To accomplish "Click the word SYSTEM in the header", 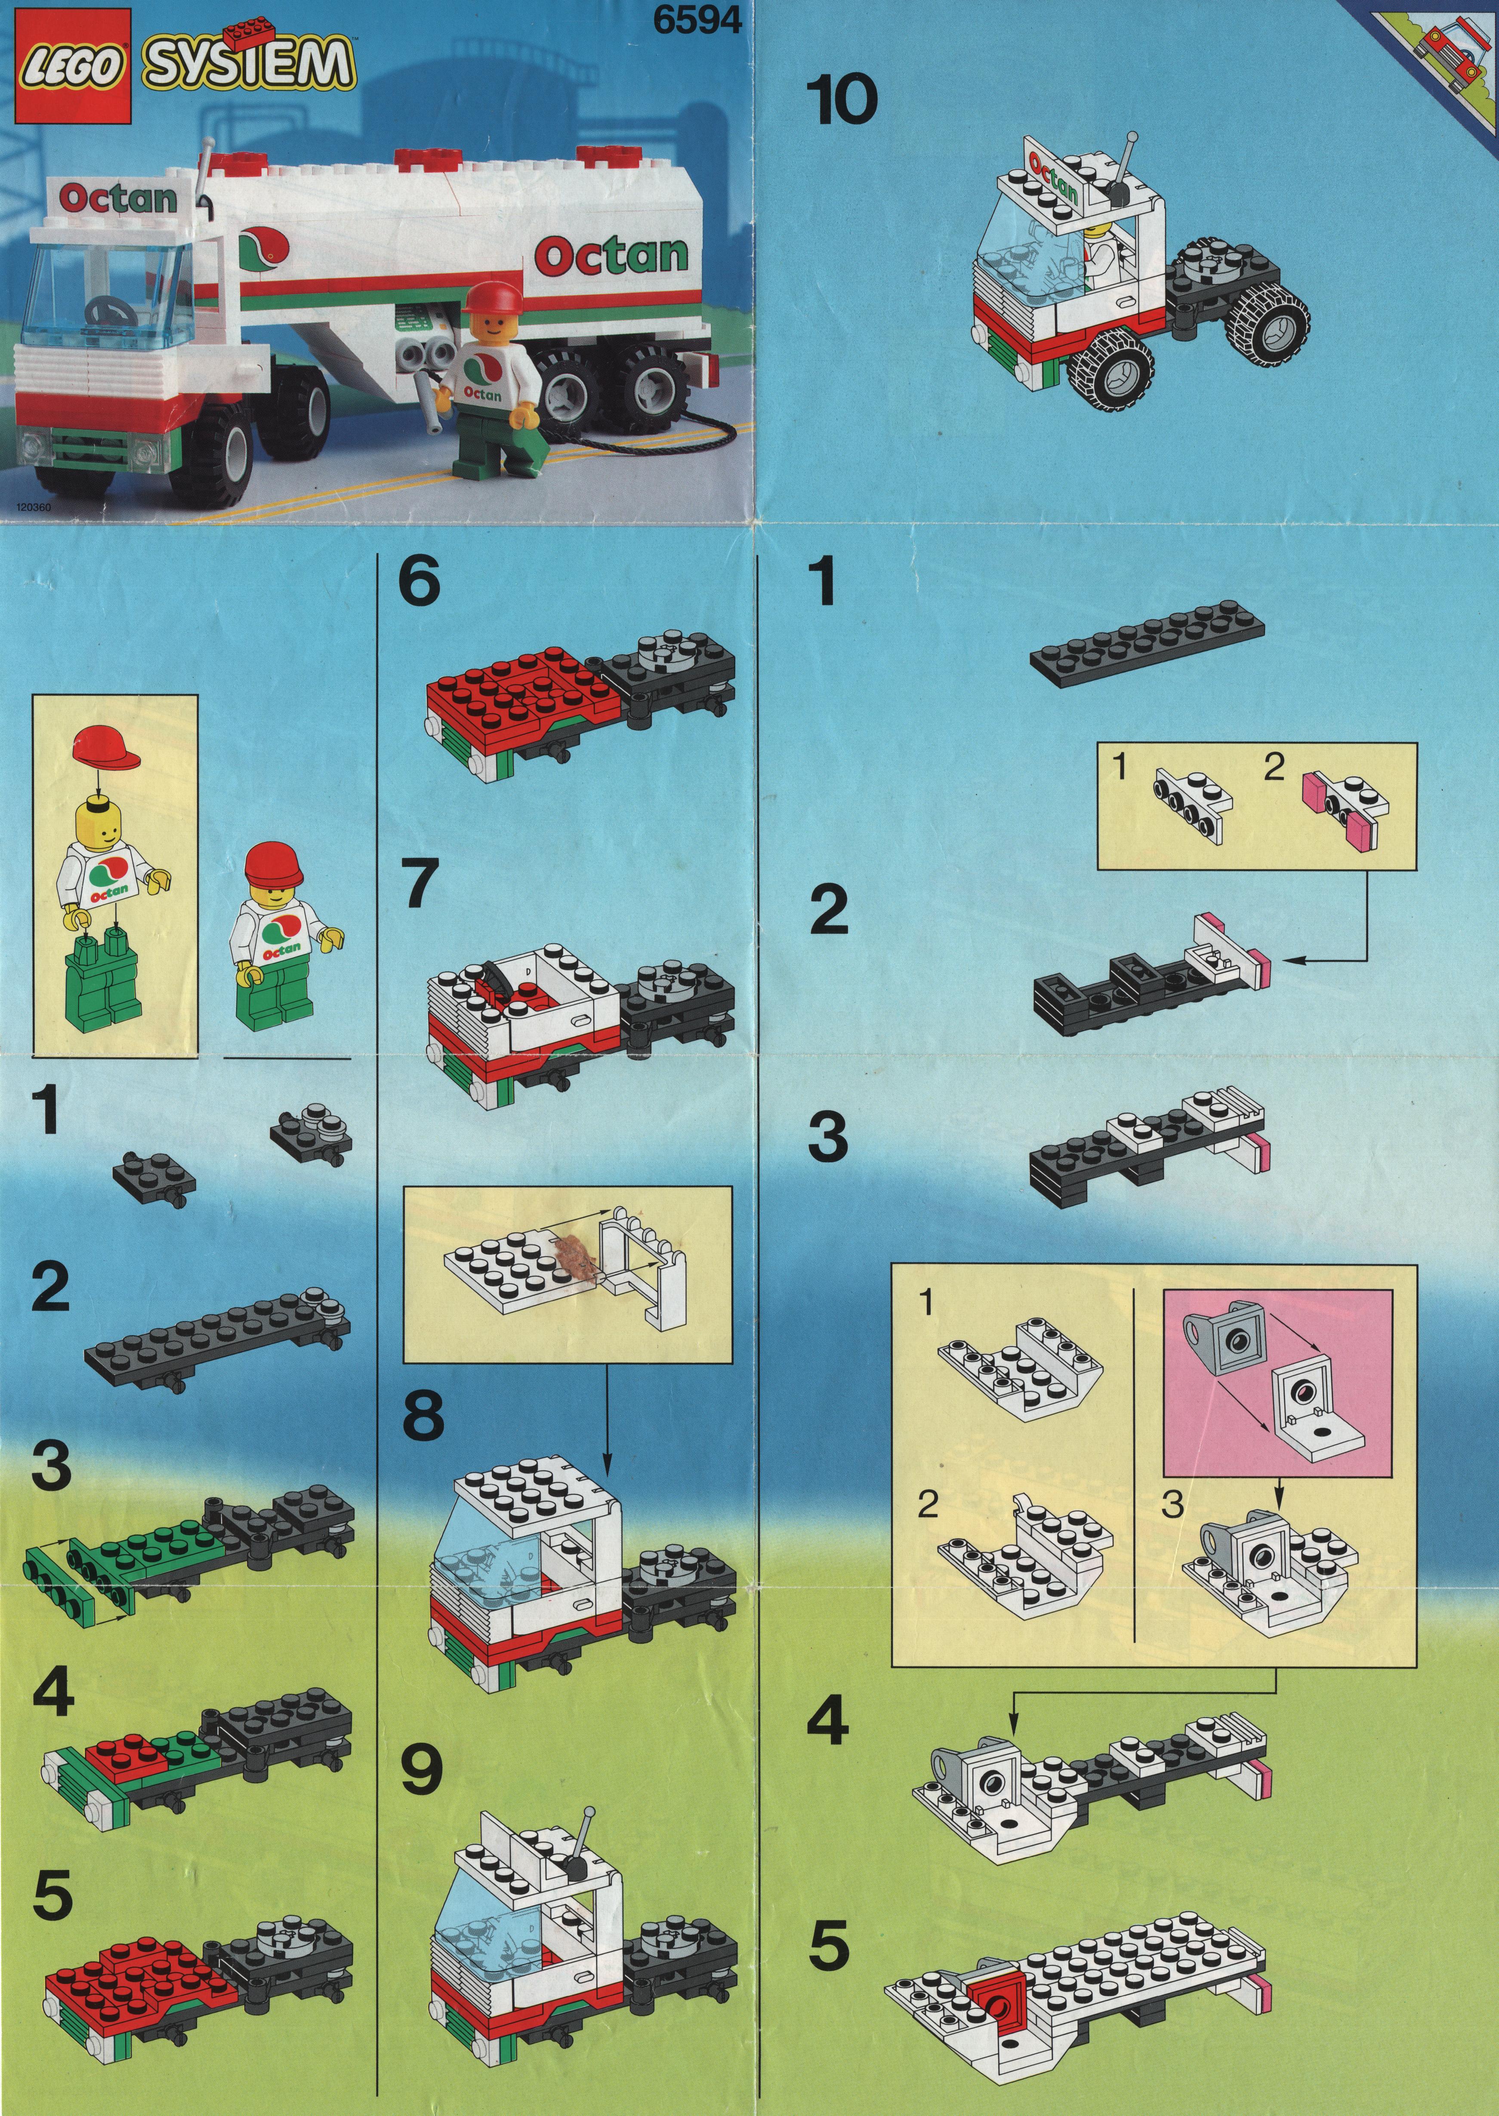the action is pyautogui.click(x=247, y=66).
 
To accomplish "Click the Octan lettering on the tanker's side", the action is pyautogui.click(x=611, y=256).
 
